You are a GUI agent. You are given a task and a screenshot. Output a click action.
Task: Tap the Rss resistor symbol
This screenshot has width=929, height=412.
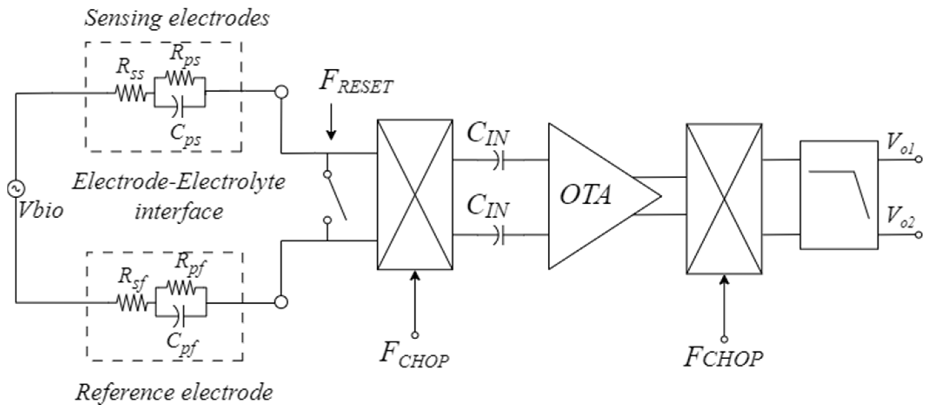pos(131,93)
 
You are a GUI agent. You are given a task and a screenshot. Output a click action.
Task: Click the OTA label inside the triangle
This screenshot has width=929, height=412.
pos(585,196)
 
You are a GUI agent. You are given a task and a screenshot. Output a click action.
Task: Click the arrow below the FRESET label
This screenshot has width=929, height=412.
pos(331,122)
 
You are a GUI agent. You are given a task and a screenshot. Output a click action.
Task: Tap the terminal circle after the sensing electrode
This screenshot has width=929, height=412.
pos(281,92)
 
